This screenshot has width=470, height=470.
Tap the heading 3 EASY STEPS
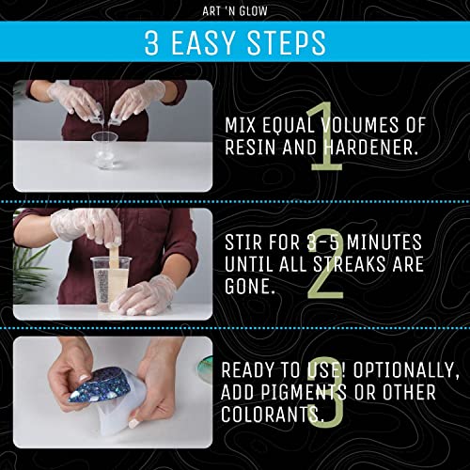pos(235,42)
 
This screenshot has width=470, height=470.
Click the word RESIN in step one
pos(254,148)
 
